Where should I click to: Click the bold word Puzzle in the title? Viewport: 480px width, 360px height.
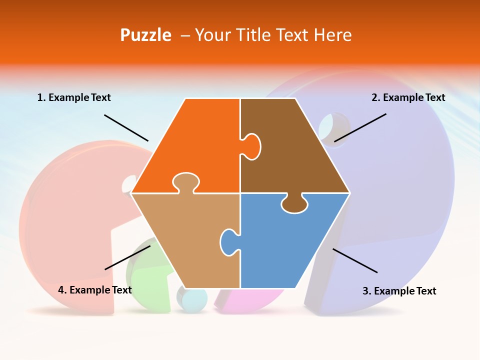coord(145,35)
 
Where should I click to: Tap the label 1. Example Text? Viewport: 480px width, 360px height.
coord(74,98)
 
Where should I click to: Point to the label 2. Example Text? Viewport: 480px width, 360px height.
coord(408,98)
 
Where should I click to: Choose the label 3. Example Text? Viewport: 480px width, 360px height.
coord(399,291)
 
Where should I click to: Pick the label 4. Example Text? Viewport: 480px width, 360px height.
coord(95,290)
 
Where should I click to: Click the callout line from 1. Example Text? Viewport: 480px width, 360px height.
coord(126,127)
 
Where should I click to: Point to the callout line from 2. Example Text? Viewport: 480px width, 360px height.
coord(360,127)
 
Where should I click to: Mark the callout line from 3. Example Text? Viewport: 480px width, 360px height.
coord(354,260)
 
